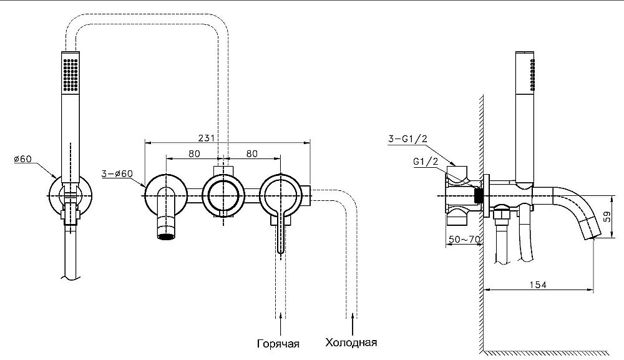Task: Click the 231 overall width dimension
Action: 207,137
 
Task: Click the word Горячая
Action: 278,343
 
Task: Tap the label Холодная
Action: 351,343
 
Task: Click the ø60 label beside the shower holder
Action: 22,159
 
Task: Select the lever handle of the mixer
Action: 281,234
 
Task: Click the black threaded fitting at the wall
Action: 479,196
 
